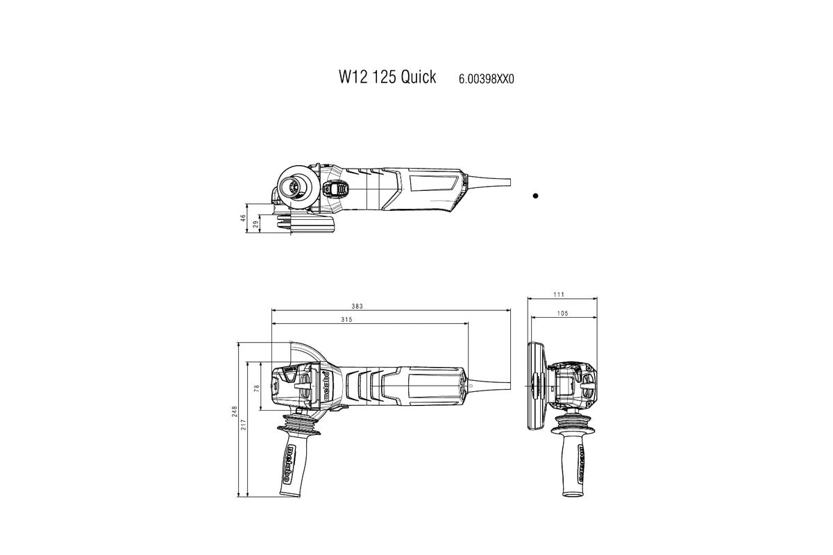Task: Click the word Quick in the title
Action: tap(418, 77)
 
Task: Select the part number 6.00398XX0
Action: tap(486, 79)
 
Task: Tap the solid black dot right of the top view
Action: tap(535, 196)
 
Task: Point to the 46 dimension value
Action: tap(244, 217)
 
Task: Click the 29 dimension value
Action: tap(256, 223)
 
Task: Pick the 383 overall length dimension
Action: tap(357, 306)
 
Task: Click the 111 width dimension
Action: tap(558, 295)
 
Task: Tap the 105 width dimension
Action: tap(562, 314)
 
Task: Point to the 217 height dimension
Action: tap(244, 424)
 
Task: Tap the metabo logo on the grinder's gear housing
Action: tap(325, 386)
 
